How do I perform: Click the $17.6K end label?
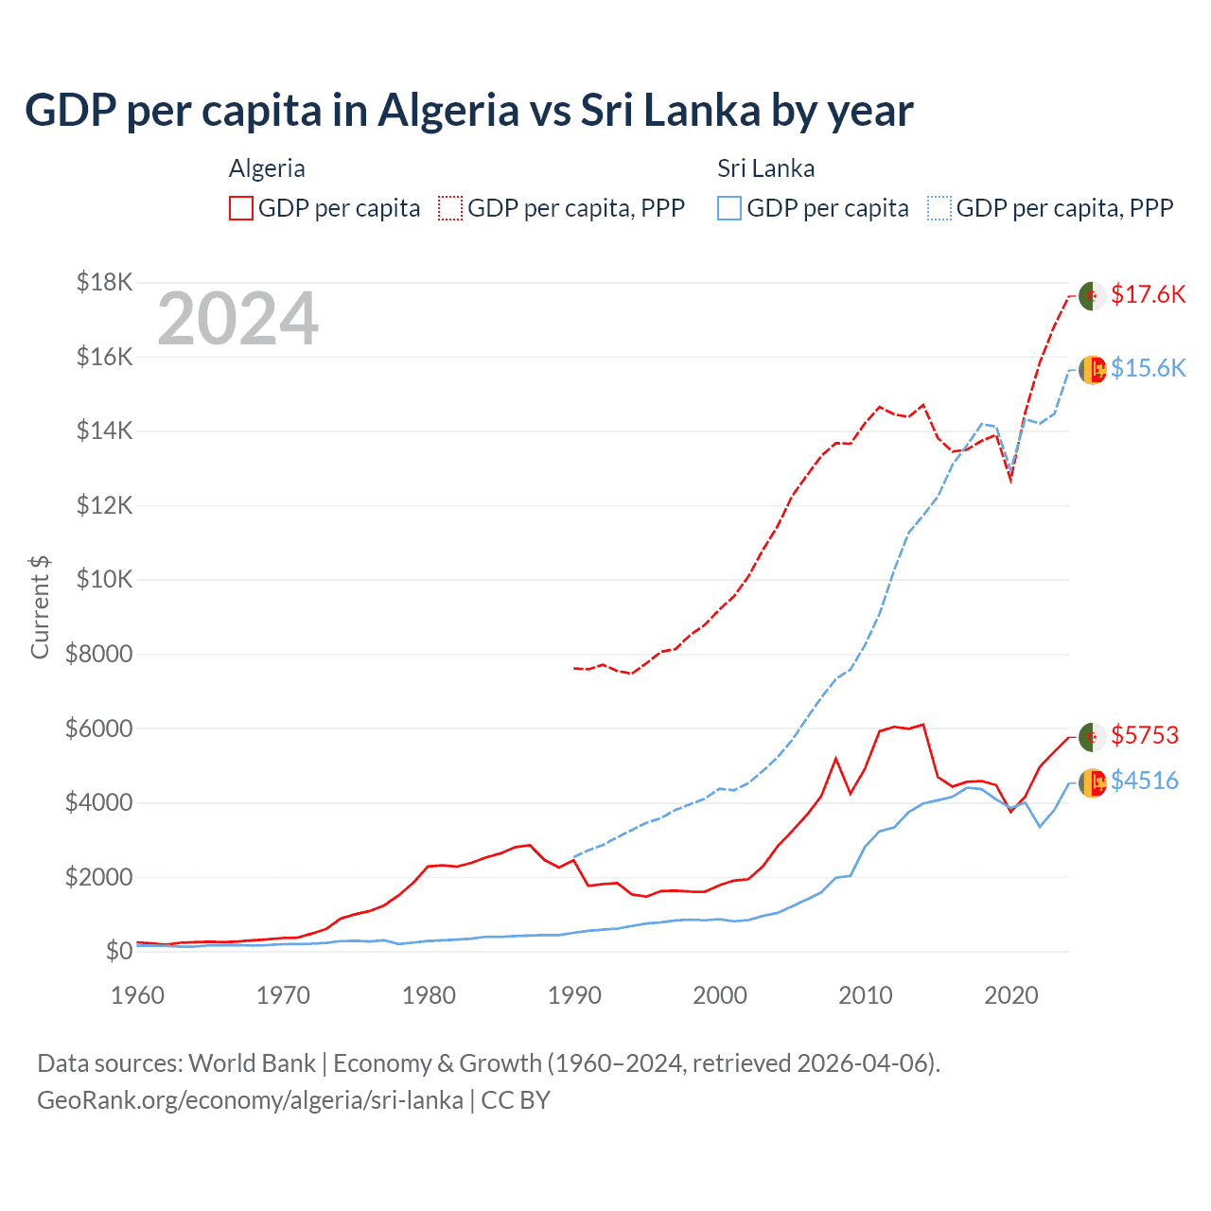[x=1148, y=294]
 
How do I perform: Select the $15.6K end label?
[x=1148, y=368]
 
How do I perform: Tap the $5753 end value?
[x=1145, y=735]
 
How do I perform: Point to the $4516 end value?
[x=1145, y=781]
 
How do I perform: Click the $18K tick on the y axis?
[x=105, y=282]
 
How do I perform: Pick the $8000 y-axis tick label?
[x=98, y=654]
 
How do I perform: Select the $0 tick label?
[x=119, y=951]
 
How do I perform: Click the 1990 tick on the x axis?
[x=574, y=995]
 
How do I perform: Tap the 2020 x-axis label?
[x=1010, y=995]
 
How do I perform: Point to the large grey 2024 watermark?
[x=237, y=319]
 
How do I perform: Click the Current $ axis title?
[x=40, y=606]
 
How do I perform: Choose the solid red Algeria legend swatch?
[x=241, y=208]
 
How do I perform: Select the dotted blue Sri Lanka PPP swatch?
[x=939, y=208]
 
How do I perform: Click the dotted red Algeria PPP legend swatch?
[x=450, y=208]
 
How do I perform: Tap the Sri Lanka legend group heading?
[x=765, y=168]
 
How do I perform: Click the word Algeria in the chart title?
[x=448, y=111]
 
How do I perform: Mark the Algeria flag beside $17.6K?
[x=1092, y=295]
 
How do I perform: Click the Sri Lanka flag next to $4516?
[x=1092, y=782]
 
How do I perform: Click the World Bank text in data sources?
[x=252, y=1063]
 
